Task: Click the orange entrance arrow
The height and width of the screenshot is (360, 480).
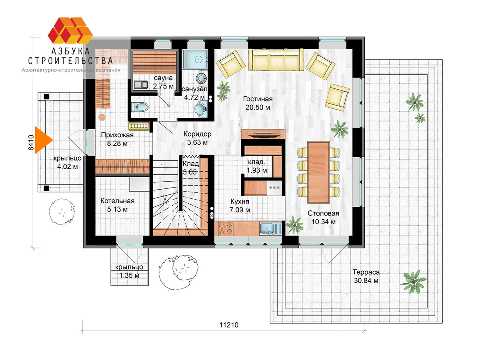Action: click(43, 140)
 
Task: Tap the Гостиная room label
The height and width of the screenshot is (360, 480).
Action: click(258, 99)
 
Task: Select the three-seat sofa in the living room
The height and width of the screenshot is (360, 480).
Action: click(276, 60)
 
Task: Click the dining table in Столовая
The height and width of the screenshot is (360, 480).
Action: click(318, 172)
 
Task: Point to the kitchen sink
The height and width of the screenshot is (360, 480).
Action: click(270, 229)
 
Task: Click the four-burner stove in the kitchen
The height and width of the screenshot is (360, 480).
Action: click(226, 229)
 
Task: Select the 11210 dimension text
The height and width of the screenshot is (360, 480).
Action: click(229, 325)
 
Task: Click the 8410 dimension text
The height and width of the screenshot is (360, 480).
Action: click(31, 142)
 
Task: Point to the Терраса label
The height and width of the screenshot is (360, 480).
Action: click(366, 272)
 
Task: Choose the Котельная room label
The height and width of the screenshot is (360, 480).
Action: click(117, 201)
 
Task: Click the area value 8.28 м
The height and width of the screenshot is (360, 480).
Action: click(117, 143)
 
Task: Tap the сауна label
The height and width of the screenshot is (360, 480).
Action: click(163, 78)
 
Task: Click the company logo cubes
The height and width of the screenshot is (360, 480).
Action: click(70, 30)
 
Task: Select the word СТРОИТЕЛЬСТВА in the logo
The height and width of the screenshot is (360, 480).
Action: click(70, 61)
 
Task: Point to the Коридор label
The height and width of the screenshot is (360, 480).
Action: click(197, 134)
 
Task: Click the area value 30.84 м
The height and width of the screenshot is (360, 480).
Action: click(366, 280)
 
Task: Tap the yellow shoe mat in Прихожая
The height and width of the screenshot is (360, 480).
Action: click(139, 126)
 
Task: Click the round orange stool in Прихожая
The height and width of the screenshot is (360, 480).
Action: click(102, 117)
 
